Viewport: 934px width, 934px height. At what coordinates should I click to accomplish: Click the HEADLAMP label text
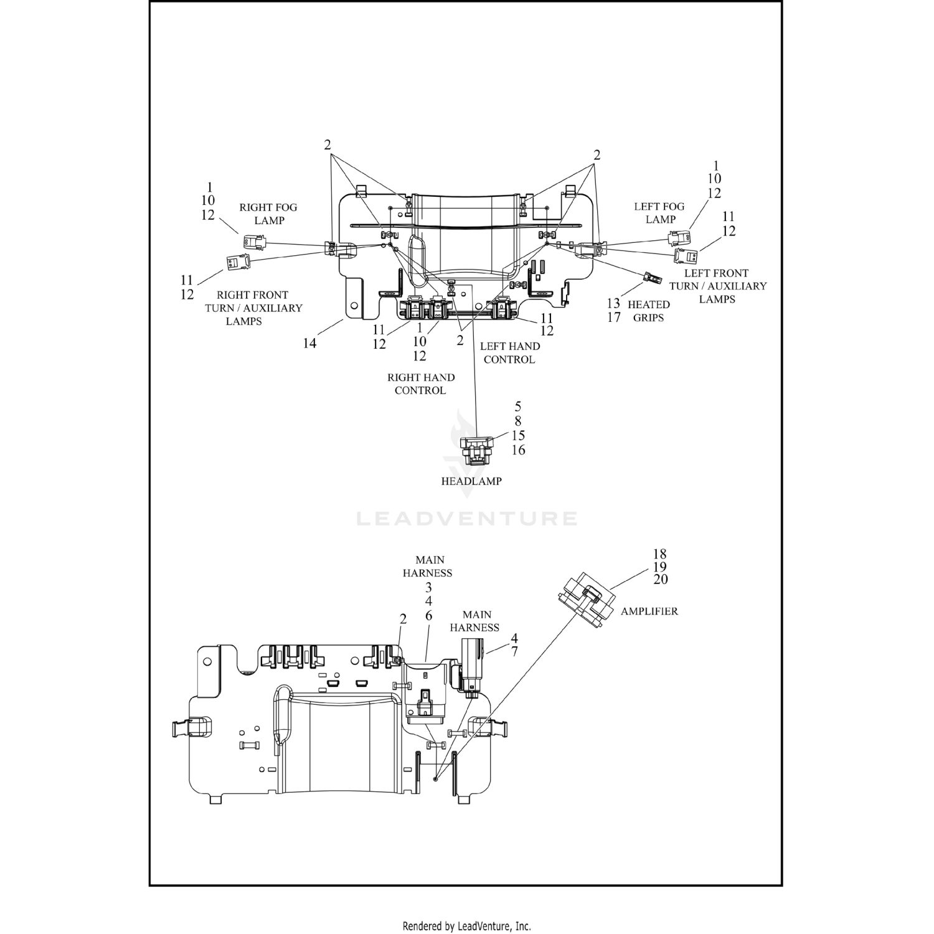click(x=471, y=481)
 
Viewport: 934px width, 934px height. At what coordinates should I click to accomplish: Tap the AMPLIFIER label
click(x=649, y=611)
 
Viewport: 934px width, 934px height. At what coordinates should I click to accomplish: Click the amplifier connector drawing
click(x=585, y=601)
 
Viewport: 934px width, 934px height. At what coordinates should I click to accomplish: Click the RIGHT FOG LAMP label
click(x=268, y=214)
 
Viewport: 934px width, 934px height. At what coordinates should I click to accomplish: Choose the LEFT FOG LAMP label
click(x=659, y=213)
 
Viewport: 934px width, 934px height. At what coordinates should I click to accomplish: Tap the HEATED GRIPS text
click(x=649, y=311)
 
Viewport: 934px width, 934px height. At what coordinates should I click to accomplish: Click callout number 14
click(x=309, y=343)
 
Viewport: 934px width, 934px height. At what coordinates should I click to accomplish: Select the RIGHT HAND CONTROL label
click(x=421, y=384)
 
